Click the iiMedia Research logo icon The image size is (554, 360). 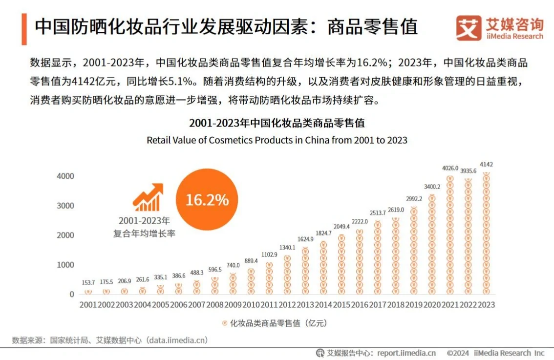pos(468,28)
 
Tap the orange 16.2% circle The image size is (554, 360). pos(207,200)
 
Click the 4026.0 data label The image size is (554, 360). pos(450,169)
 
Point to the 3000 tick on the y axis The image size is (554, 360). pos(65,206)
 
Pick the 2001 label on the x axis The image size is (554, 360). pos(88,304)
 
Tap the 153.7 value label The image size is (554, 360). pos(88,282)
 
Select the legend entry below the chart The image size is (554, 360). pos(273,323)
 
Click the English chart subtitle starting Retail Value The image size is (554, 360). pos(277,140)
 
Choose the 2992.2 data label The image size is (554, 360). pos(414,199)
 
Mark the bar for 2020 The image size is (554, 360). pos(432,244)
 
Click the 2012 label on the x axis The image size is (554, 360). pos(287,304)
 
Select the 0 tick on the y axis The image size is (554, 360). pos(71,295)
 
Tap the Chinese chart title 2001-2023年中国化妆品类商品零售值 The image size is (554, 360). pos(277,123)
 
